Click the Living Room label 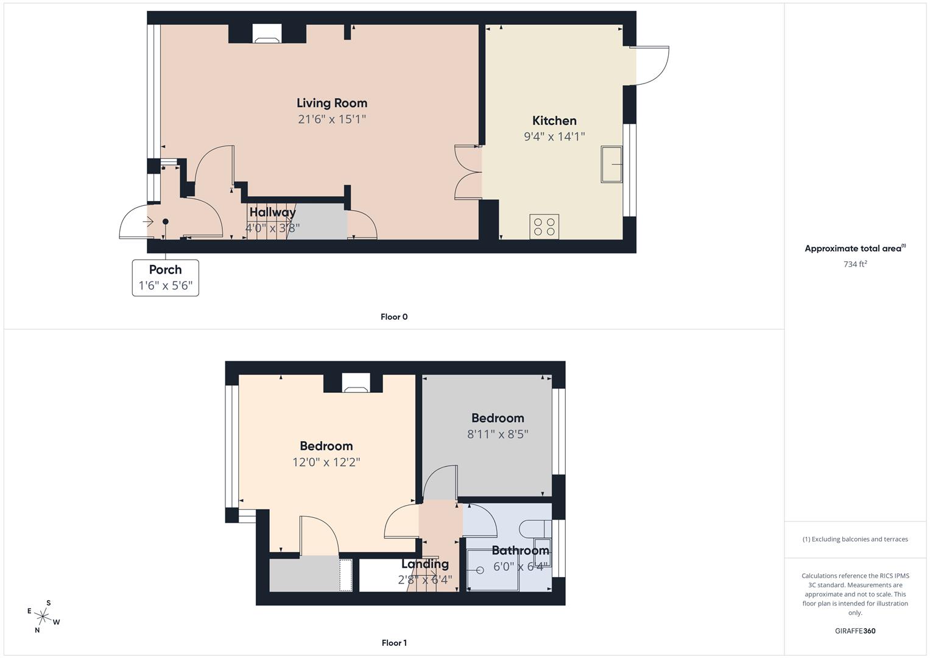[332, 103]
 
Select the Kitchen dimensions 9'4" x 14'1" [554, 136]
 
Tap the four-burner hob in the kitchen [544, 227]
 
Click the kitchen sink [611, 164]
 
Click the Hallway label [272, 212]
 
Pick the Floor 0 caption [394, 317]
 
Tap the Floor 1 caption [394, 643]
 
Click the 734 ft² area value [855, 264]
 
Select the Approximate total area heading [854, 249]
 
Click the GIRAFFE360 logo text [855, 631]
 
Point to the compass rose [43, 617]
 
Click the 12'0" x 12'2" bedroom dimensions [326, 462]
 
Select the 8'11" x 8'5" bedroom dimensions [498, 434]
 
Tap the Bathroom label [520, 550]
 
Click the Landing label [424, 564]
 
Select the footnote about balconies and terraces [855, 539]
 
